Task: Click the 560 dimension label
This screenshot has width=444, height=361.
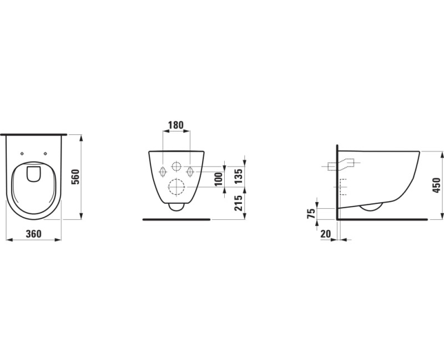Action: click(x=75, y=177)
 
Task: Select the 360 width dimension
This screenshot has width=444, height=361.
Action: click(x=34, y=234)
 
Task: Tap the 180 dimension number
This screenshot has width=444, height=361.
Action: click(x=176, y=125)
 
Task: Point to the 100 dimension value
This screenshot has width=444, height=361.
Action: click(x=219, y=179)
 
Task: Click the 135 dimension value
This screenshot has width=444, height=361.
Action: click(x=239, y=176)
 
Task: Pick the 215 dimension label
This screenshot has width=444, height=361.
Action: click(x=239, y=203)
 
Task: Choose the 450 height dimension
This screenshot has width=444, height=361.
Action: click(x=437, y=185)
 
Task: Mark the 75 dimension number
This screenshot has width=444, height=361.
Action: click(x=311, y=213)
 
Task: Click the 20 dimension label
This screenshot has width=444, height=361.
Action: click(x=326, y=234)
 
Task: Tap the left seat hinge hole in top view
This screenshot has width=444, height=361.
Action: click(x=22, y=154)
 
